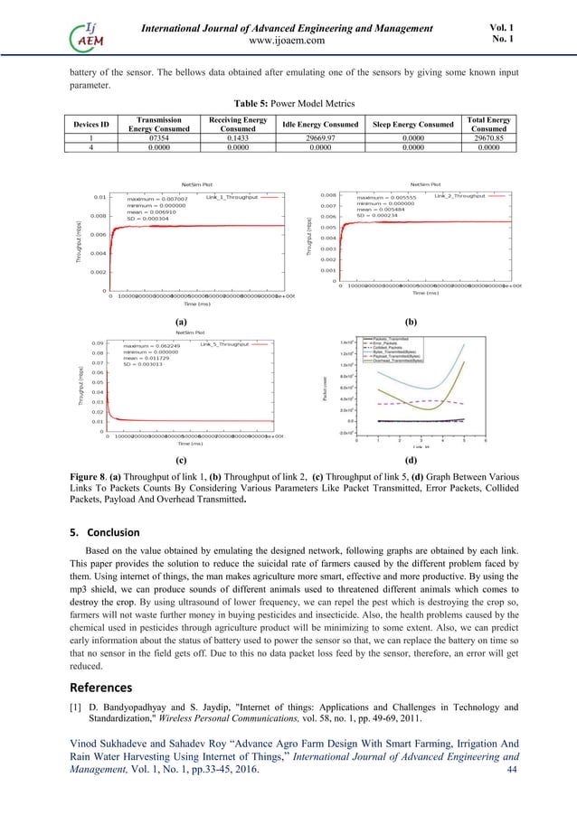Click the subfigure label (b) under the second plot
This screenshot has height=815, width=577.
(411, 321)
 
